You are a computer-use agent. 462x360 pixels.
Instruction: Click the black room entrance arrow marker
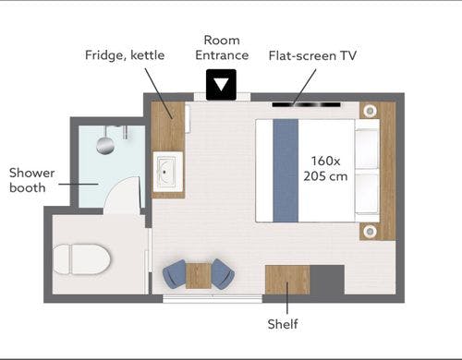[x=221, y=85]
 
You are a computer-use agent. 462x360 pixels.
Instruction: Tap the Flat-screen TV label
[x=312, y=55]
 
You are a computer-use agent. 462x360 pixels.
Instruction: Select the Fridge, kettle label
[x=125, y=55]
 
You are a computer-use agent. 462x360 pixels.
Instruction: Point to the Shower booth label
[x=31, y=180]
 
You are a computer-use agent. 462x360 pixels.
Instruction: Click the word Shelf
[x=283, y=324]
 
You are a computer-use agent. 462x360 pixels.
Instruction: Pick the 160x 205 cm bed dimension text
[x=325, y=168]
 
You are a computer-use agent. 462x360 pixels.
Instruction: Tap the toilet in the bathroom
[x=81, y=259]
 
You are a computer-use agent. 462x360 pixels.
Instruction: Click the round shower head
[x=105, y=146]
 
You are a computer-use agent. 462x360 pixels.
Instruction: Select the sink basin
[x=166, y=172]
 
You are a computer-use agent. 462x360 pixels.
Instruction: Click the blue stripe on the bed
[x=286, y=171]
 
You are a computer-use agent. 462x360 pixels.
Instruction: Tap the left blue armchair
[x=175, y=275]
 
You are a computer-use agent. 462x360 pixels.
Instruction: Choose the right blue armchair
[x=223, y=274]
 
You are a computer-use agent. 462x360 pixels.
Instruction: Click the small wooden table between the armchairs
[x=199, y=276]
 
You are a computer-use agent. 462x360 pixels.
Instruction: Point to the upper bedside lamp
[x=369, y=110]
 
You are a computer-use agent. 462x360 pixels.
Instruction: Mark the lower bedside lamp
[x=369, y=231]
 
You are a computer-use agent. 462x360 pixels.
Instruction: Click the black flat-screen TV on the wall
[x=306, y=105]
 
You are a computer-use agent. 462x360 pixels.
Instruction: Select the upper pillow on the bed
[x=367, y=149]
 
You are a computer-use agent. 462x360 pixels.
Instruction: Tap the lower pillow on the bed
[x=367, y=192]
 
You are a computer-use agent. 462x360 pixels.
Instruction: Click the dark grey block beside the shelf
[x=327, y=280]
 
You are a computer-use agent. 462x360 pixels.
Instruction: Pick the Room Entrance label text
[x=222, y=48]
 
